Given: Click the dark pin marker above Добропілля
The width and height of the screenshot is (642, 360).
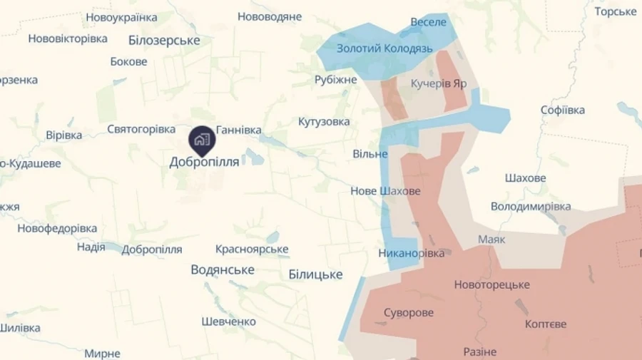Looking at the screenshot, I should [203, 139].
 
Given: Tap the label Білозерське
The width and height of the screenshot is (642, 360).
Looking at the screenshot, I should [165, 41].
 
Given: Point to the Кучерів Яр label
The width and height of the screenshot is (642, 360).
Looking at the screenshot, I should [439, 83].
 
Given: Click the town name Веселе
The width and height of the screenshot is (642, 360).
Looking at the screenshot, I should [428, 22].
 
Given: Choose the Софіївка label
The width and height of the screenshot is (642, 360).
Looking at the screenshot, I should [563, 110].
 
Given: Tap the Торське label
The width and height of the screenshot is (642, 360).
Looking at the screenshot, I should [615, 11].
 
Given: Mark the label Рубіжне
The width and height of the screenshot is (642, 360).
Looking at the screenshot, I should [335, 80].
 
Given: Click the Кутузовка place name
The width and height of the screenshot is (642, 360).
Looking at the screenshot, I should [324, 122].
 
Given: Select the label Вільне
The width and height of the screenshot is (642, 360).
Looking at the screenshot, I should [370, 154].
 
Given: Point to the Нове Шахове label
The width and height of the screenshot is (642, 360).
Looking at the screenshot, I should [385, 191].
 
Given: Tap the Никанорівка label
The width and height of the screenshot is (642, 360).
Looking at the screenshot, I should [412, 253].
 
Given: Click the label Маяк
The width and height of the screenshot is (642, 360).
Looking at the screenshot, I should [491, 239].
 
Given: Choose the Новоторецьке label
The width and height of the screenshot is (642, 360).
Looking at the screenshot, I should [491, 284].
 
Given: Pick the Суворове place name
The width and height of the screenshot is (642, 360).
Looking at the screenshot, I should [408, 312].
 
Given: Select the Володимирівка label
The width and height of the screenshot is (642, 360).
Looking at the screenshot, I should [531, 206].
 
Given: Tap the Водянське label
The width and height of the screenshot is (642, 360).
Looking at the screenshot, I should [223, 269].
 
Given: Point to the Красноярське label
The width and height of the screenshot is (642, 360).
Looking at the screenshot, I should [252, 249].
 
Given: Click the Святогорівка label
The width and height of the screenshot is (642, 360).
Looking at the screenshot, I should [141, 129].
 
